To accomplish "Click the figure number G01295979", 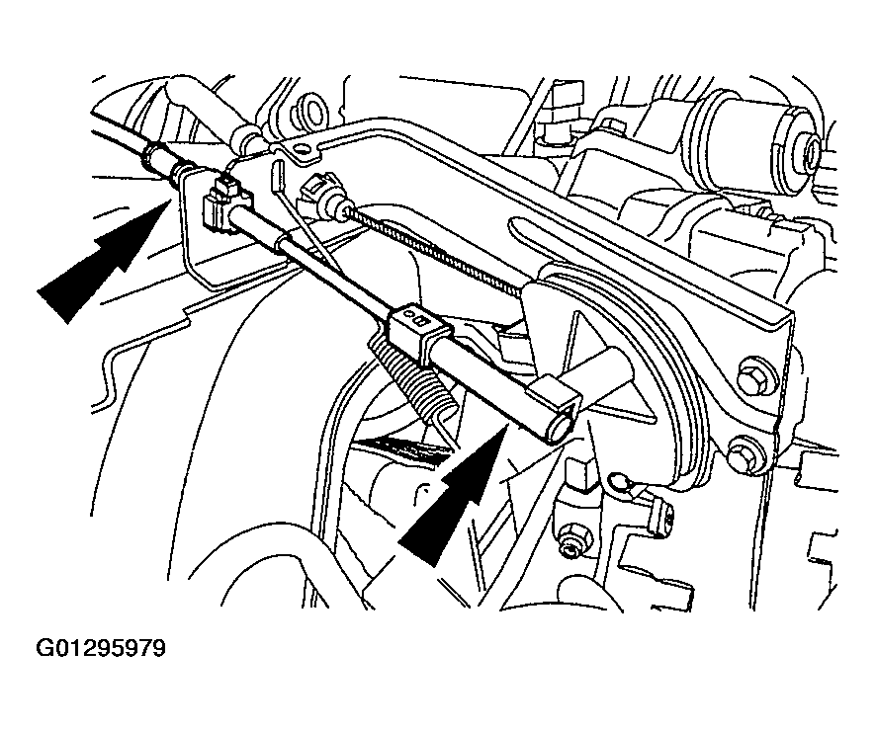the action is [101, 648].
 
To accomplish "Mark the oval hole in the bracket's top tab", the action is [303, 149].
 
